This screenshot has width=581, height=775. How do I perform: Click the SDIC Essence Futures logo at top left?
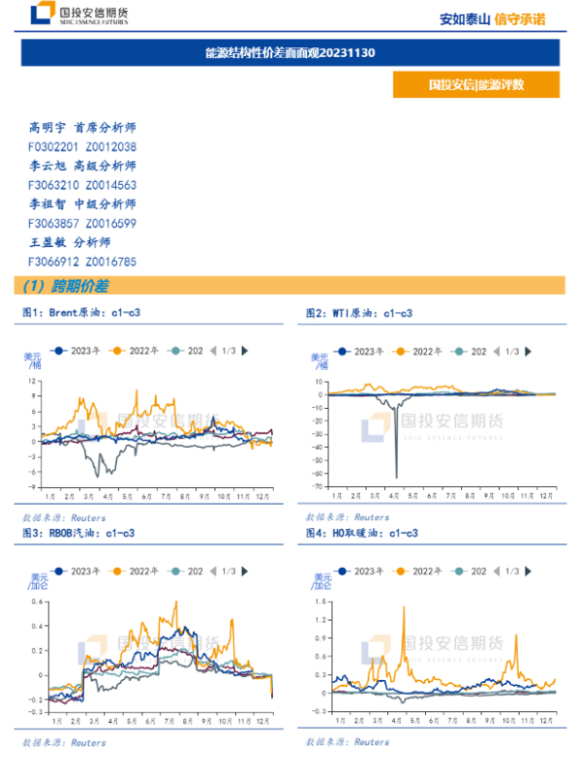[77, 15]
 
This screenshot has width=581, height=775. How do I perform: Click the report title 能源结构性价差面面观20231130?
[290, 52]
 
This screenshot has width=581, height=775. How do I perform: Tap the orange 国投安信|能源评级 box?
[476, 84]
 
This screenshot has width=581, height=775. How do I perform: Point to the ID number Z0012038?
[111, 146]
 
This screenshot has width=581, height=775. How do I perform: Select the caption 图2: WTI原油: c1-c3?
[359, 313]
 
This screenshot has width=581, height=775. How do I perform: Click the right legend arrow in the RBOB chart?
[244, 572]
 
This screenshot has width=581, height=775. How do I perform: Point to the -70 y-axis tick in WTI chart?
[319, 486]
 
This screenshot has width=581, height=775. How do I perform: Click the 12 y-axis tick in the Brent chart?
[33, 381]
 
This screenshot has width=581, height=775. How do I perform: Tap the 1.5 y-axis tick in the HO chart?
[318, 602]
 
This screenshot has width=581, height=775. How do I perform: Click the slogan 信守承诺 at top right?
[520, 17]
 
